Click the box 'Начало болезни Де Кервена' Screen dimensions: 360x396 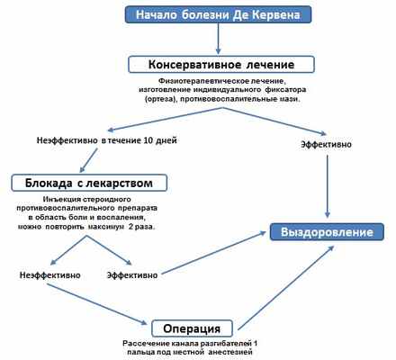[x=220, y=15]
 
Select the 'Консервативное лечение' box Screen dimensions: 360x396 [x=220, y=64]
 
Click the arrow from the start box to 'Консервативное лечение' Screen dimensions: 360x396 [x=220, y=39]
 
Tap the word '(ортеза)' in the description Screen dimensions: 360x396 [x=170, y=99]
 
